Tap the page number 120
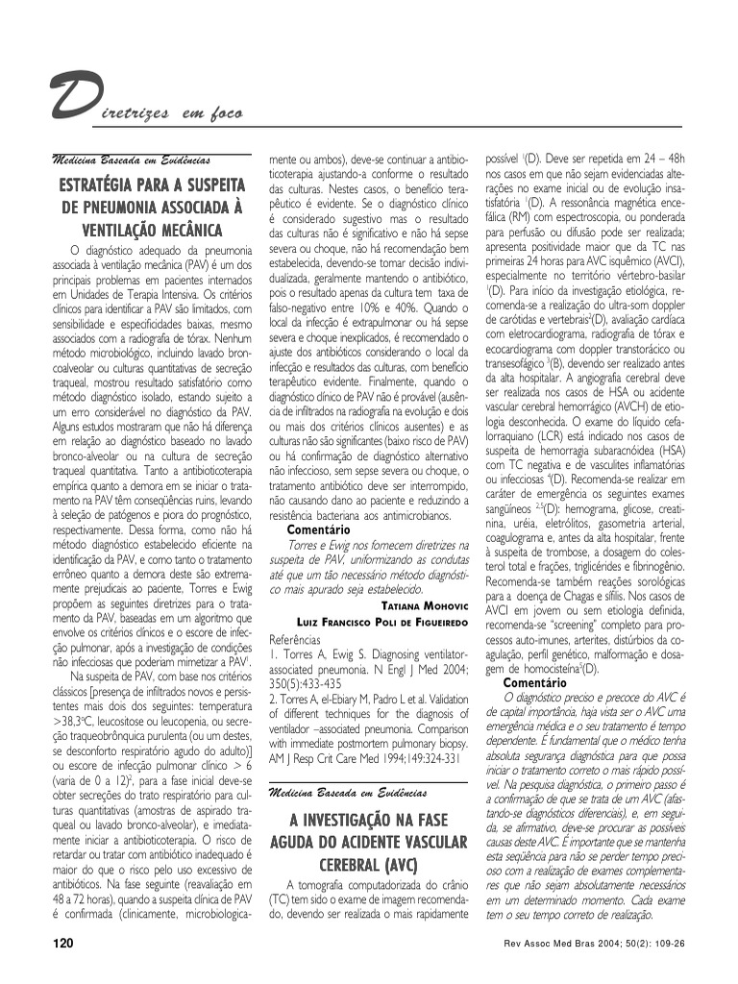pyautogui.click(x=63, y=944)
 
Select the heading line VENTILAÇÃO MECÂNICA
pyautogui.click(x=151, y=230)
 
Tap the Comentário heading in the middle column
pyautogui.click(x=319, y=529)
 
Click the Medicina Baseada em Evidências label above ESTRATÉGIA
pyautogui.click(x=132, y=158)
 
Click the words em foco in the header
pyautogui.click(x=207, y=115)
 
